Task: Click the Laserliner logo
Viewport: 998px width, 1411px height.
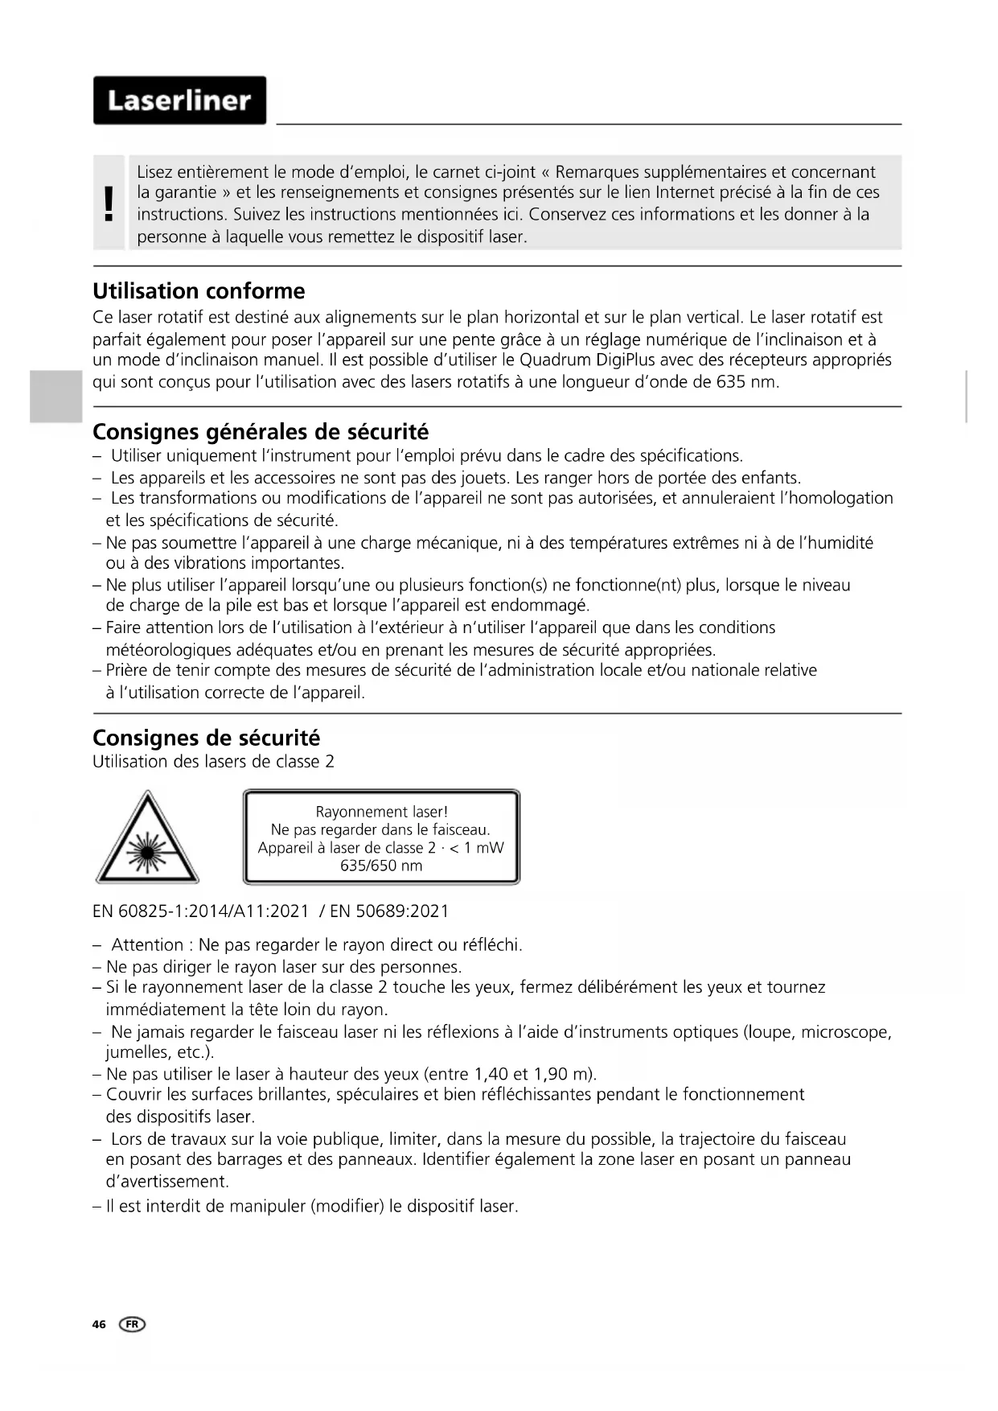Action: coord(179,101)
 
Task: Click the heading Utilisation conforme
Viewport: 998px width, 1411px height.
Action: coord(199,291)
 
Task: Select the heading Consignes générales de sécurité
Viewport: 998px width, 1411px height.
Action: coord(261,432)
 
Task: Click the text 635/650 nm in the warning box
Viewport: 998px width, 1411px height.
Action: coord(381,866)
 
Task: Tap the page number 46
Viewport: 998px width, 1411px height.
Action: coord(99,1324)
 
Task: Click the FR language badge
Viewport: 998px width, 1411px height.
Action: coord(133,1324)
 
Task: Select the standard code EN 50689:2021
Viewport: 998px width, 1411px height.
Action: coord(389,911)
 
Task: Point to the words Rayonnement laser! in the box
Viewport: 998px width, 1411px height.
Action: coord(381,812)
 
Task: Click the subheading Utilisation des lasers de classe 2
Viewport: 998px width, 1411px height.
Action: coord(213,762)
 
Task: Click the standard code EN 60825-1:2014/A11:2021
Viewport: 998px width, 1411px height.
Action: coord(201,911)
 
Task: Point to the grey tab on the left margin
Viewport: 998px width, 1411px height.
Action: coord(56,397)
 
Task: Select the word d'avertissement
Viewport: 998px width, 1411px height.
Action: coord(167,1182)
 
